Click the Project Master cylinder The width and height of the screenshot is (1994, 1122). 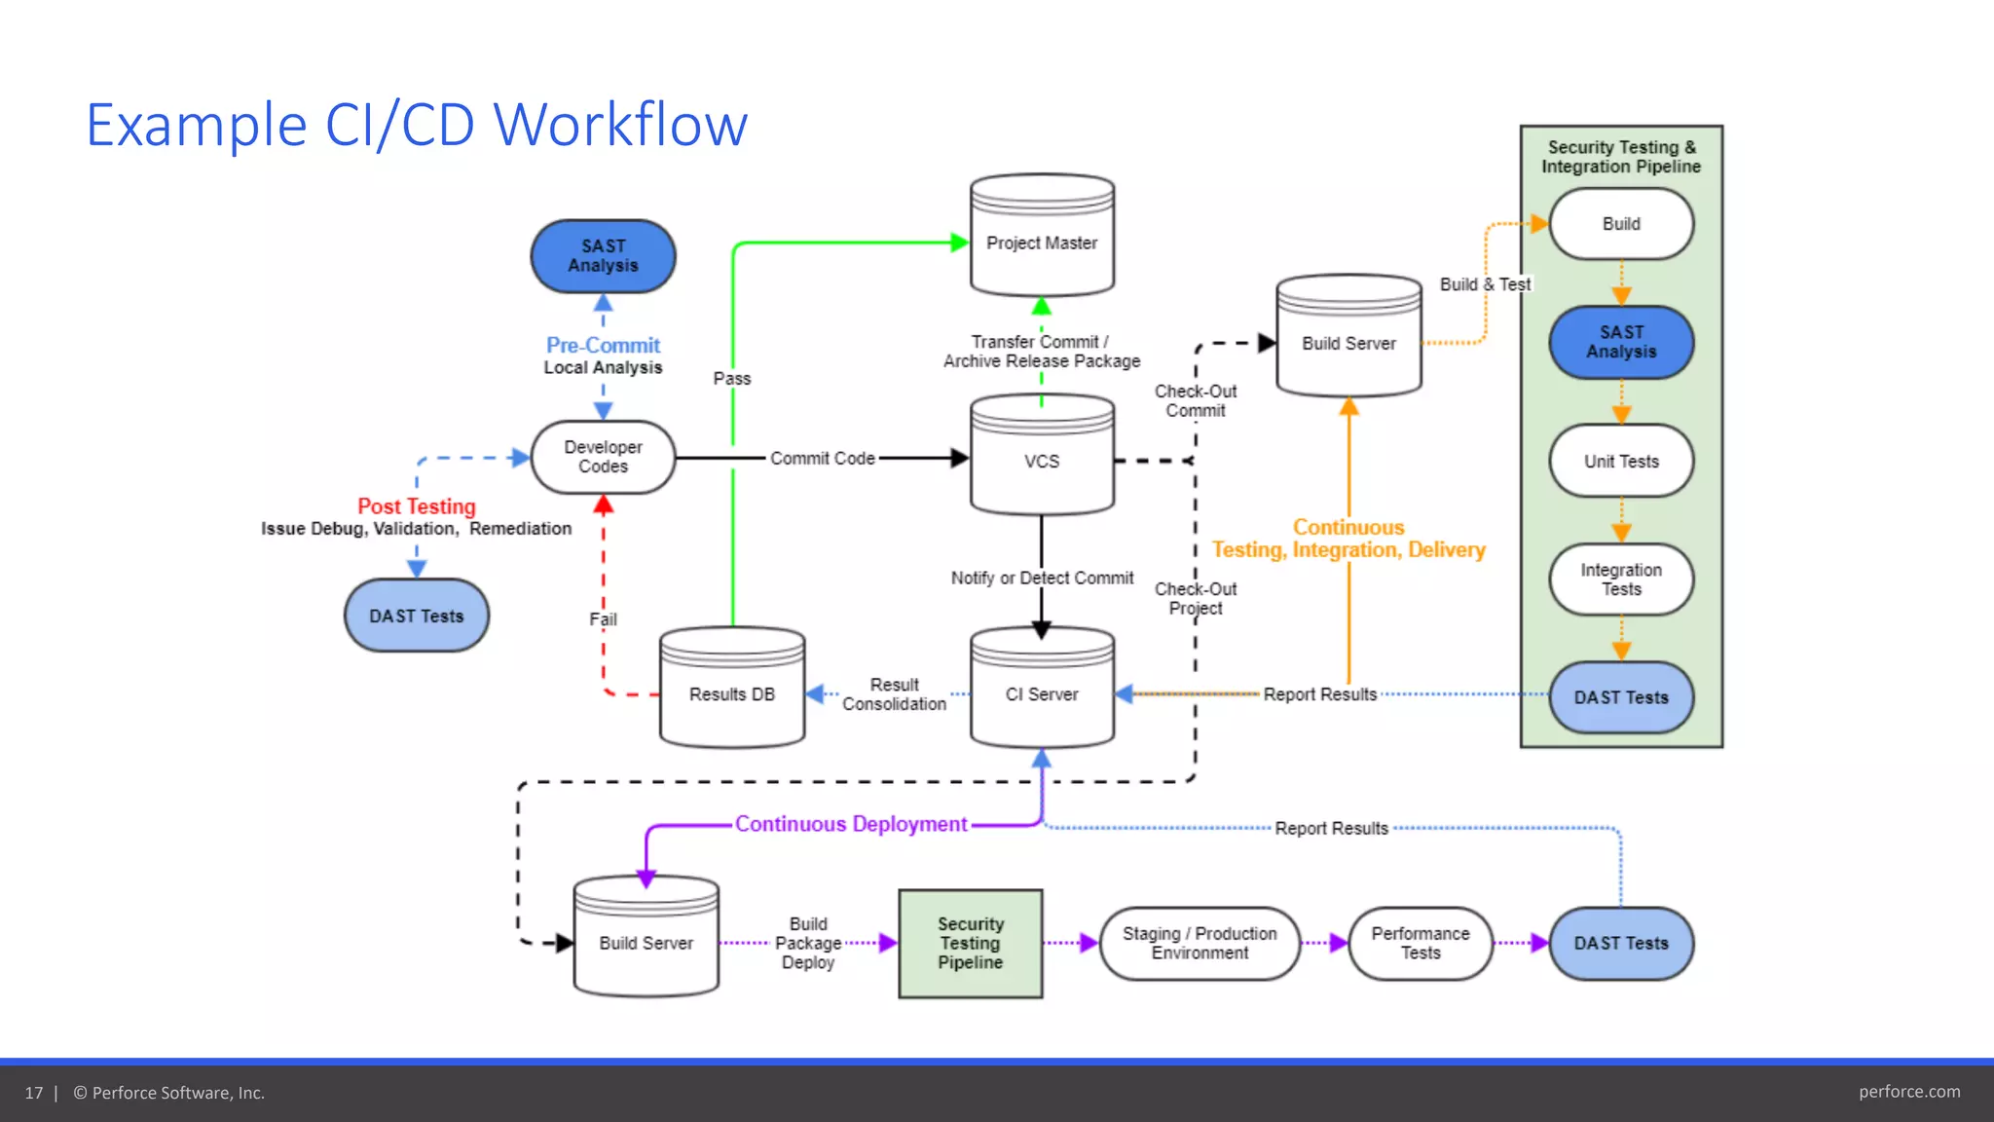pos(1042,242)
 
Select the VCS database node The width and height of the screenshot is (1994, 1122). pos(1042,461)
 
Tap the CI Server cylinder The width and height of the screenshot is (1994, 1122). pos(1042,693)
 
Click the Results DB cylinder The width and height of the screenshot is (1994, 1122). pos(732,693)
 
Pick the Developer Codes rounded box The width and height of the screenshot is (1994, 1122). pos(603,457)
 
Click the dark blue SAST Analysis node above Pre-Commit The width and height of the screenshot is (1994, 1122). pos(603,256)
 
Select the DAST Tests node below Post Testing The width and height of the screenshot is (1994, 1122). pos(417,616)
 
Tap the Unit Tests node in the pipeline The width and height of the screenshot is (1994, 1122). pos(1621,461)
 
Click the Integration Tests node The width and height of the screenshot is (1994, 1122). pos(1621,580)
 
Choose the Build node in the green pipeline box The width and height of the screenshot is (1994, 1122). pos(1621,224)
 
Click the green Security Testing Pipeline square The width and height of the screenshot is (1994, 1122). pos(970,943)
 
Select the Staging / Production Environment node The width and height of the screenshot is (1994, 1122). pos(1200,943)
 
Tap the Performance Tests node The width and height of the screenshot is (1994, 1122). pos(1421,943)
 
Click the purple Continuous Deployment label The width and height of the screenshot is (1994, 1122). pos(851,824)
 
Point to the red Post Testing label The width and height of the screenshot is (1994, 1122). pos(417,506)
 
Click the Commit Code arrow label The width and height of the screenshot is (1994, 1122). pos(823,458)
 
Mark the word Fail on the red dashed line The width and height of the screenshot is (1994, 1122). pos(603,619)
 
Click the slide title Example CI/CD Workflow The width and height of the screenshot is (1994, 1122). pos(417,125)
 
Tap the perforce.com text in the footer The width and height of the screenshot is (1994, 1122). pos(1908,1092)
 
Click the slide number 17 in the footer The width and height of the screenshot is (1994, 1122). pos(34,1093)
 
